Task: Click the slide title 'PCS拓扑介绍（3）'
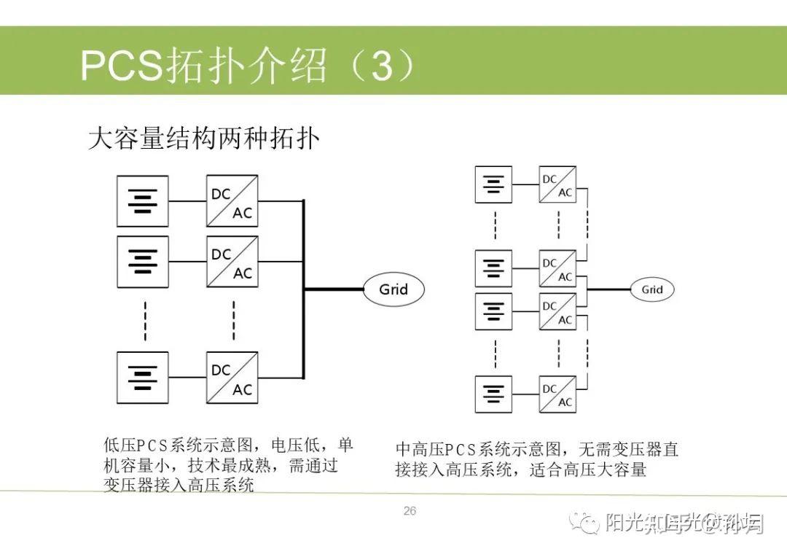248,66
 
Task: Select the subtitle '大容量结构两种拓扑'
203,138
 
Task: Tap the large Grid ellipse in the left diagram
393,289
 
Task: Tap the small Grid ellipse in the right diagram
651,289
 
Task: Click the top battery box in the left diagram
143,201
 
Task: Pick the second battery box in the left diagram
143,261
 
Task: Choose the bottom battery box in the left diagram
143,378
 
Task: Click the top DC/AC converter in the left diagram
232,201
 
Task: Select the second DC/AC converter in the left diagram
232,261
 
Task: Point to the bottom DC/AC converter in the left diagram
232,378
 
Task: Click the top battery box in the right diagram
493,184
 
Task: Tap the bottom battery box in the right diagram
493,394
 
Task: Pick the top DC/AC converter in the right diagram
557,185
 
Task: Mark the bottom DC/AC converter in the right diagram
557,394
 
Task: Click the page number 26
410,511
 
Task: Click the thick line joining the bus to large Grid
334,289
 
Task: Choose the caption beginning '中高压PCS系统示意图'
536,459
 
